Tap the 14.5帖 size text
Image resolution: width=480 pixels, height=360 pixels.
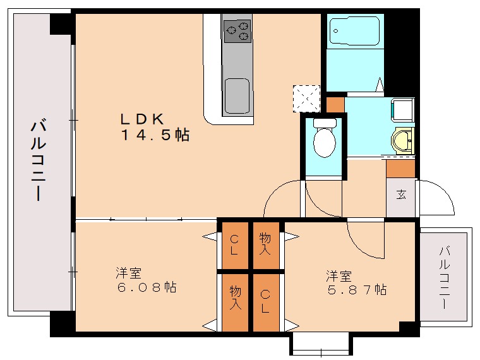pyautogui.click(x=155, y=135)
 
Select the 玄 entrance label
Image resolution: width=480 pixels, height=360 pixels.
pyautogui.click(x=401, y=194)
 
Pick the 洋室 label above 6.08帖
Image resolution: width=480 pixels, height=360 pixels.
pyautogui.click(x=128, y=273)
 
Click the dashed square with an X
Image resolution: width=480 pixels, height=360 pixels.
pyautogui.click(x=307, y=99)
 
